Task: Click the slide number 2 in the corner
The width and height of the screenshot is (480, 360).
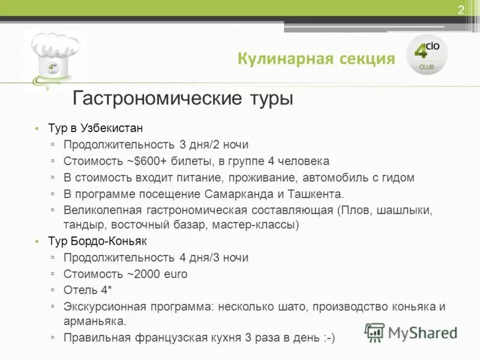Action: tap(461, 10)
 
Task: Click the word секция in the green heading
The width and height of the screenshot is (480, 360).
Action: tap(367, 59)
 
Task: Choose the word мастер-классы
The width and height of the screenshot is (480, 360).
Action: tap(260, 225)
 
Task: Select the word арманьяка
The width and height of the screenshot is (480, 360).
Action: tap(95, 321)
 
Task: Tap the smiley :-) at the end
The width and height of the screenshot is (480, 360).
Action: tap(329, 338)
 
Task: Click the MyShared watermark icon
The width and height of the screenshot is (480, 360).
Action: tap(375, 332)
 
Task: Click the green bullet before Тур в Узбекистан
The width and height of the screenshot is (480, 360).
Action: tap(36, 129)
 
